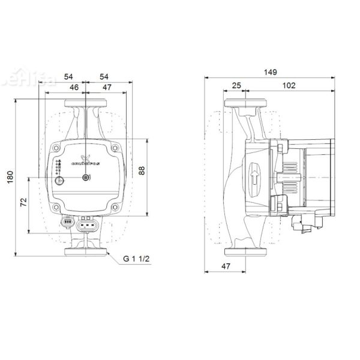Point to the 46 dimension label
pyautogui.click(x=74, y=88)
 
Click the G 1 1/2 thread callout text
pyautogui.click(x=137, y=259)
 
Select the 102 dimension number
pyautogui.click(x=289, y=86)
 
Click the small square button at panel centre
pyautogui.click(x=86, y=177)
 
